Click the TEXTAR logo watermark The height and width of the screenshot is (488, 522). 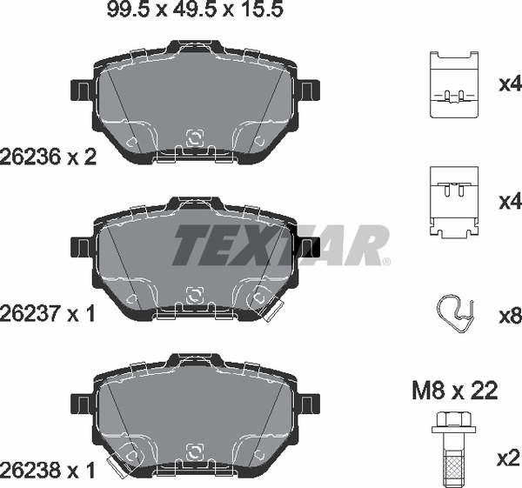[x=279, y=245]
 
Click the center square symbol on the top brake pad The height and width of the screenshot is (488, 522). [x=196, y=137]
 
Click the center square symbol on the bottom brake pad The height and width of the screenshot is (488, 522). [x=196, y=452]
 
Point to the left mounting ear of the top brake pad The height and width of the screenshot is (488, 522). [x=81, y=89]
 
